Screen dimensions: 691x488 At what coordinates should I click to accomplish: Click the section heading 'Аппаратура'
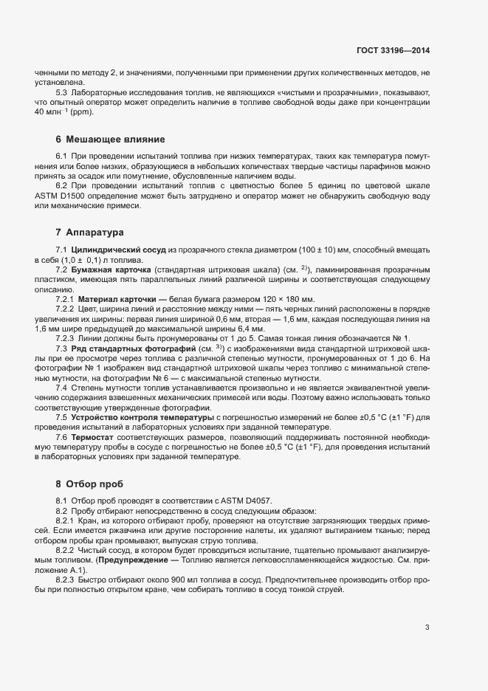point(94,233)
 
